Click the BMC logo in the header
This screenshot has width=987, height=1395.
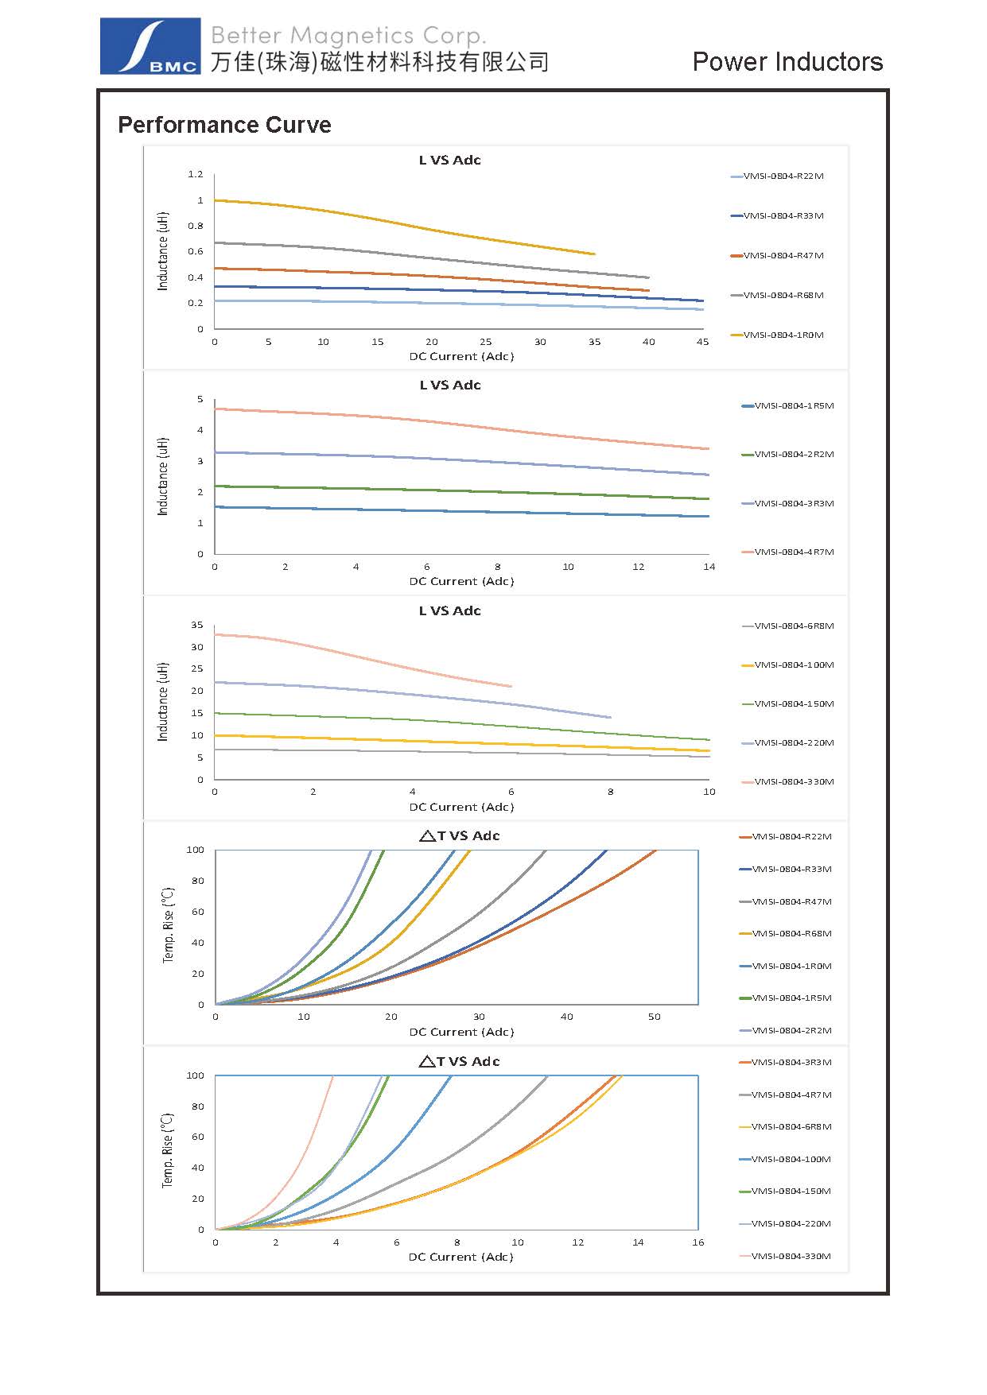[x=150, y=47]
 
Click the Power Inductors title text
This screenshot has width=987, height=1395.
[x=787, y=62]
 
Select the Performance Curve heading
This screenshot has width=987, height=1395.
[x=224, y=125]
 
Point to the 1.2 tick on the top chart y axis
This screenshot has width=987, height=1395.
[x=196, y=174]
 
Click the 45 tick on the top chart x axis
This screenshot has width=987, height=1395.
[x=702, y=342]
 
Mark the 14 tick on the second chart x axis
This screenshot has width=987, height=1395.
[x=709, y=567]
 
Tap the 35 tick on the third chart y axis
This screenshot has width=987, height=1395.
[x=196, y=625]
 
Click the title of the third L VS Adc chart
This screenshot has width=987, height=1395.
[x=450, y=610]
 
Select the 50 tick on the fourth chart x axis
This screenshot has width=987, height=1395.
[x=654, y=1017]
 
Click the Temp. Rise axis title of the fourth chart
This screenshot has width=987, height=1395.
[x=168, y=925]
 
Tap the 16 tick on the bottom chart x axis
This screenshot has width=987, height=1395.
[x=698, y=1242]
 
